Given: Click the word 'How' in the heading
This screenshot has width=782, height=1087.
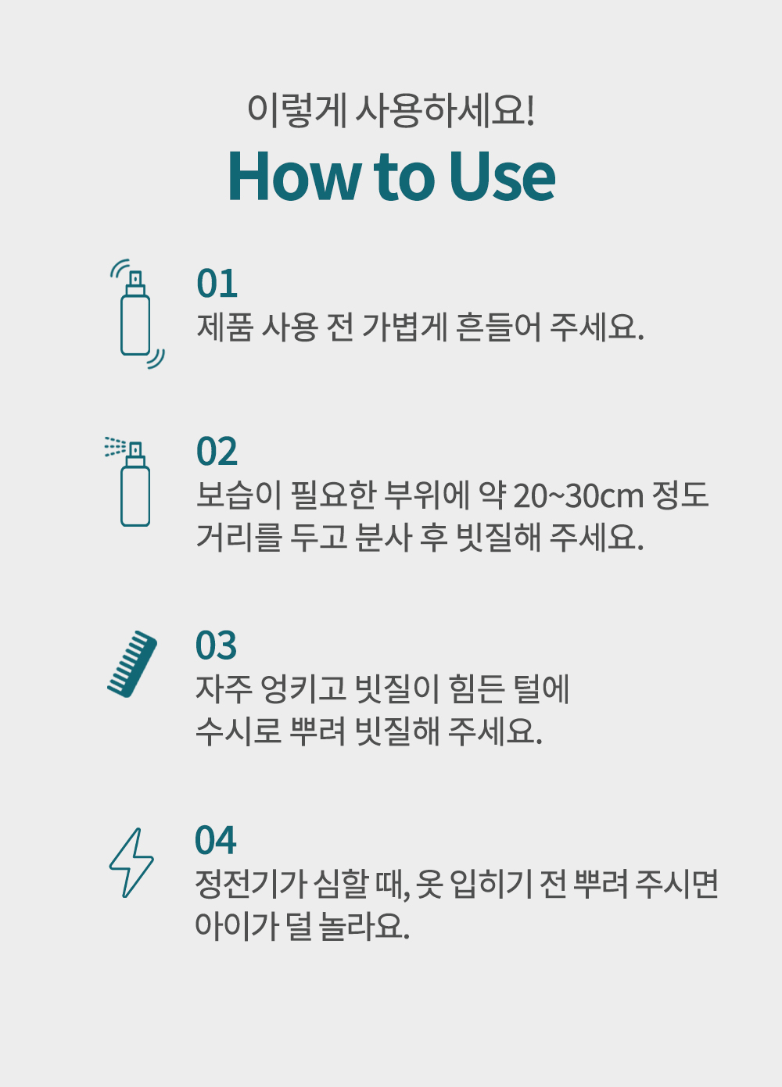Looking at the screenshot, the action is point(295,176).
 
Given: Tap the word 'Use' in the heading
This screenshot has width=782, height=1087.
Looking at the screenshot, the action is point(502,176).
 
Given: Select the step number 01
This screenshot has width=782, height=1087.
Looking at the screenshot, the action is point(217,283).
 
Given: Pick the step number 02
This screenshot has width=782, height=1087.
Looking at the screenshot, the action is point(217,452).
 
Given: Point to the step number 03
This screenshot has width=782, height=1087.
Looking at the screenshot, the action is point(216,645).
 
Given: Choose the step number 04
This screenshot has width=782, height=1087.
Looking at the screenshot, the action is point(216,840).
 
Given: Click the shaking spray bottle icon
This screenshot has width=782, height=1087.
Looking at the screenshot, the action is point(137,313).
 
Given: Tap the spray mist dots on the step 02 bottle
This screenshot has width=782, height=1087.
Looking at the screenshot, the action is point(116,446).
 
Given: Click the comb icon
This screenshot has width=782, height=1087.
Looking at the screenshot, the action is point(132,664).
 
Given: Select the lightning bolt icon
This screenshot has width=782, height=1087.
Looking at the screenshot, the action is point(131,863).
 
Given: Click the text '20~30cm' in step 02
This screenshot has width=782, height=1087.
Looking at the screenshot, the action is point(579,496).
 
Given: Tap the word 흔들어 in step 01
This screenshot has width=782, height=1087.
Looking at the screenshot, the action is point(498,327).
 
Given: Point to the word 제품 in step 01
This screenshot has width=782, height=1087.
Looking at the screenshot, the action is point(225,327).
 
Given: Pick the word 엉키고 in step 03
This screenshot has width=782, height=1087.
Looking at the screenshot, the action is point(304,689).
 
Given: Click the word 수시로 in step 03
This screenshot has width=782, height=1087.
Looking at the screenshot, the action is point(239,731).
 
